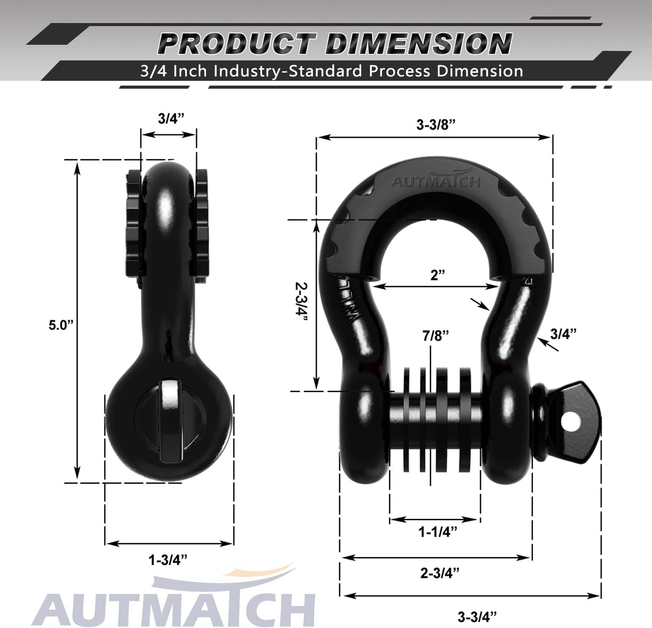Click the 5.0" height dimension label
click(61, 325)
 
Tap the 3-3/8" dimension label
click(435, 125)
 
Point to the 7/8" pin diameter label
click(435, 336)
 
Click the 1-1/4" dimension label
click(437, 532)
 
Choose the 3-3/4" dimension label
click(476, 616)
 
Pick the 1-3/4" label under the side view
click(168, 560)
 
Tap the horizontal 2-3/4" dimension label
click(439, 573)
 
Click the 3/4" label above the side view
click(171, 118)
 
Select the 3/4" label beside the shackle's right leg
click(563, 334)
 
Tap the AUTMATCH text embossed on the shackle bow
click(435, 181)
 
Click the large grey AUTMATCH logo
click(174, 607)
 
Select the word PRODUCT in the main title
click(236, 44)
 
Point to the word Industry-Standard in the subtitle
click(288, 71)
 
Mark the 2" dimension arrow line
click(436, 286)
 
